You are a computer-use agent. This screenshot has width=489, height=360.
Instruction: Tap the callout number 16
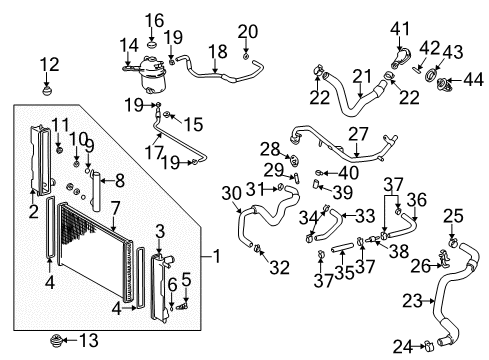click(153, 20)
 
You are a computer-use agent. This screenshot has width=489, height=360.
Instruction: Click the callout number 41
click(401, 28)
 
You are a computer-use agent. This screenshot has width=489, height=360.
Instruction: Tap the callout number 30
click(232, 193)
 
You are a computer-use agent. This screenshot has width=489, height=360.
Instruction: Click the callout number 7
click(115, 208)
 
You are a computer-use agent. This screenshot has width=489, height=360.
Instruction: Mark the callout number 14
click(128, 45)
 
